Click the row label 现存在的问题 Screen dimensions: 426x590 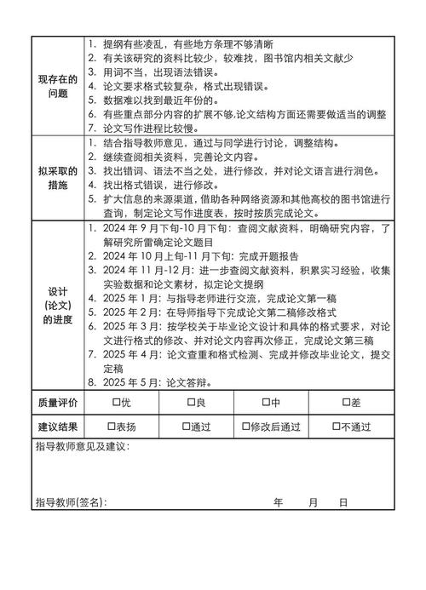tap(58, 86)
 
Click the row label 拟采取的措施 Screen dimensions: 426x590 tap(58, 177)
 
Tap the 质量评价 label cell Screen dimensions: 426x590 tap(58, 402)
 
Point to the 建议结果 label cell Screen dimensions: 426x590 tap(58, 427)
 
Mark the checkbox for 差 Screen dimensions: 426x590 tap(345, 402)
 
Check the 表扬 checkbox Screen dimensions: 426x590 tap(112, 427)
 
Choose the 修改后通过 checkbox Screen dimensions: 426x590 tap(245, 427)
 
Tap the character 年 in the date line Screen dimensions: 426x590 tap(278, 502)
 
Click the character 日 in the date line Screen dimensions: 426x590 tap(343, 502)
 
